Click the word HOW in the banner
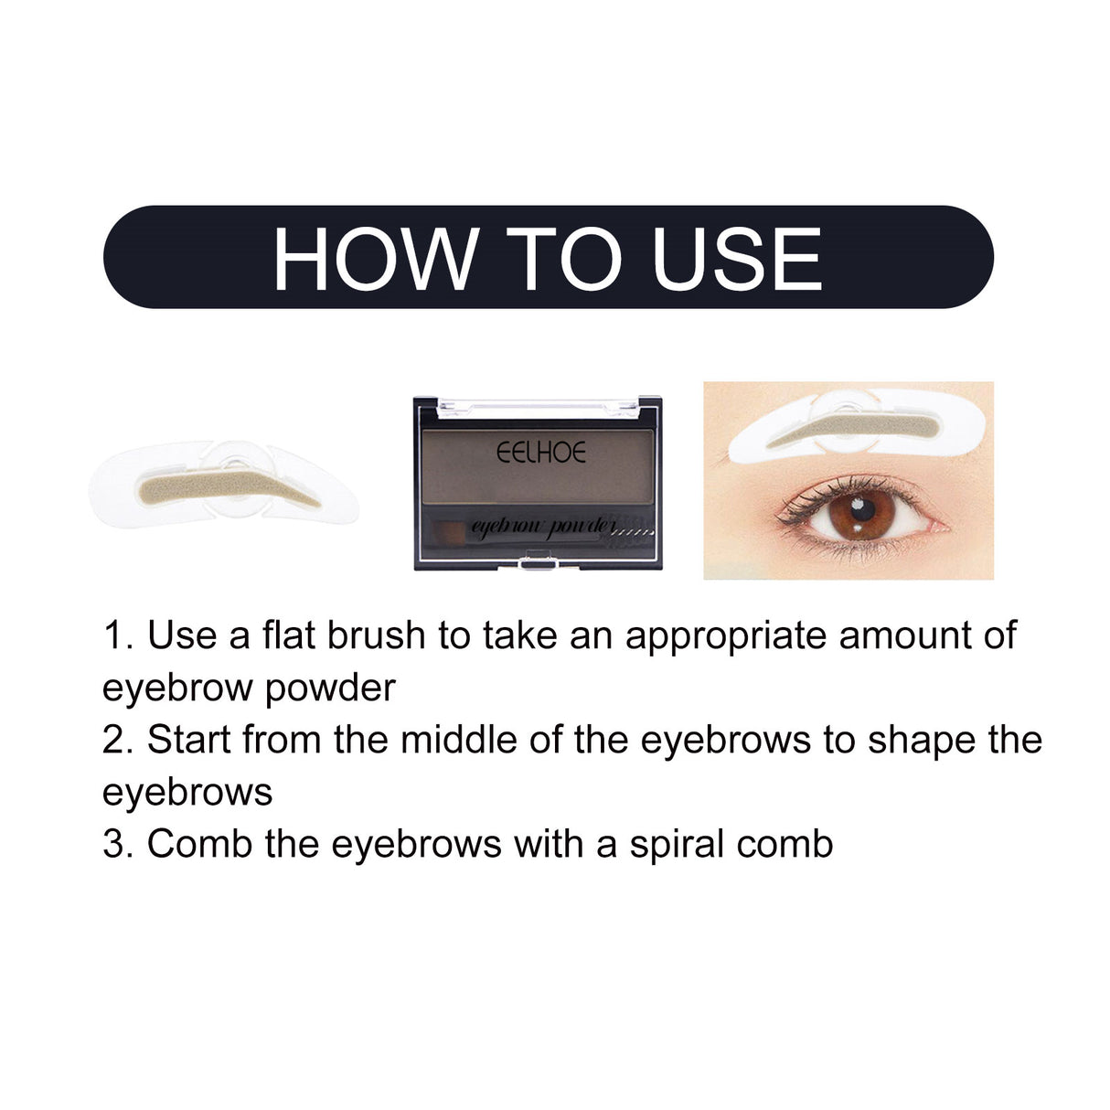(375, 260)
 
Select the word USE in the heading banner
(737, 260)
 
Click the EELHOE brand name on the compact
(541, 453)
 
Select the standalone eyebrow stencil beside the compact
(224, 485)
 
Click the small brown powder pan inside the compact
(447, 531)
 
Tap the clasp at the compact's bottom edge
(538, 564)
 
